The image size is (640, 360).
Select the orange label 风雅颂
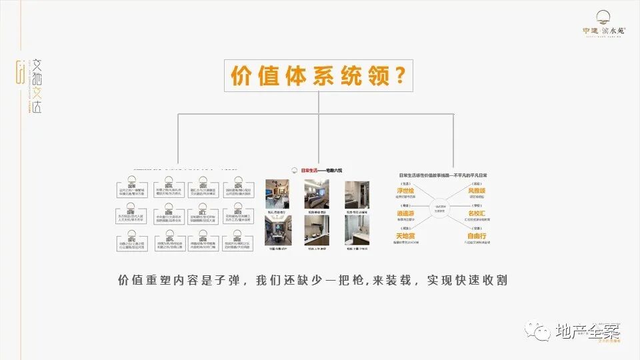pyautogui.click(x=477, y=191)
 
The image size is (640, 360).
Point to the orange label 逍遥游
pyautogui.click(x=405, y=213)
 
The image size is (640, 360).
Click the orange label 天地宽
pyautogui.click(x=405, y=237)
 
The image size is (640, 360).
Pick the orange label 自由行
pyautogui.click(x=477, y=237)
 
